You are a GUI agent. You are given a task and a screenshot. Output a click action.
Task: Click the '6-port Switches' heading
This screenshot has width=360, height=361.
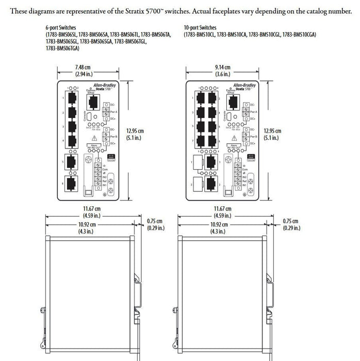click(57, 27)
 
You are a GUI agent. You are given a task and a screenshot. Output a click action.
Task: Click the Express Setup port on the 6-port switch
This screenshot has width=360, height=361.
click(93, 100)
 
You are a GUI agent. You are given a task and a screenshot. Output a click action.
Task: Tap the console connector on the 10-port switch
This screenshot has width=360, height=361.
click(229, 117)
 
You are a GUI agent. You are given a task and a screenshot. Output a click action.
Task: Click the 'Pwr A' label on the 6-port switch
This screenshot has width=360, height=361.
click(112, 111)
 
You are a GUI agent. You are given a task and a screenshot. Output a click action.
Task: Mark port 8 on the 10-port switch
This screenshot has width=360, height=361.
click(211, 140)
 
